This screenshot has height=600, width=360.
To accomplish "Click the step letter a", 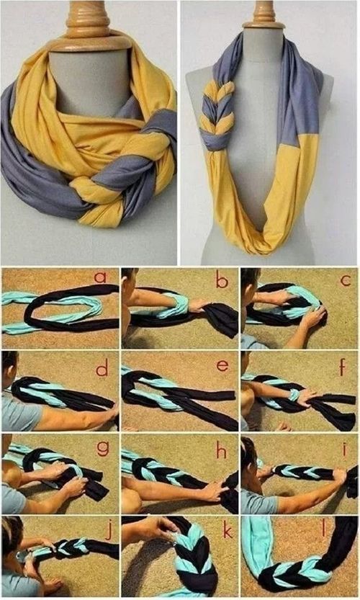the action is point(100,277).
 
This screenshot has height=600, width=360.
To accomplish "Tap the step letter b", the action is point(222,281).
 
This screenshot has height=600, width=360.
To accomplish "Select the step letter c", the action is point(346,281).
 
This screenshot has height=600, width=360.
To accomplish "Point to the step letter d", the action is point(102,369).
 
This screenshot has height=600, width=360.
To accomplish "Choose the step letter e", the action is point(222,366).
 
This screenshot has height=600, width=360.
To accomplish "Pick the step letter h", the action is point(221,451).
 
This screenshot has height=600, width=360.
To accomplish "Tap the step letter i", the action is point(345,449).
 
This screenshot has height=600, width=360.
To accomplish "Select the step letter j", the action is point(109,532).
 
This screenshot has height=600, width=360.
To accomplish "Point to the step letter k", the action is point(227,531).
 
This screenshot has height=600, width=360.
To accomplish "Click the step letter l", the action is point(324,530).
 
